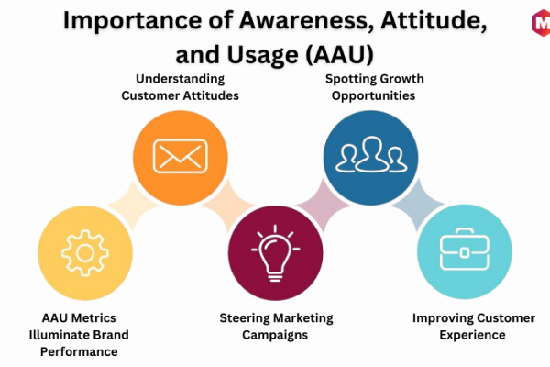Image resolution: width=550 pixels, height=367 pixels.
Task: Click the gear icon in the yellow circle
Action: point(85,253)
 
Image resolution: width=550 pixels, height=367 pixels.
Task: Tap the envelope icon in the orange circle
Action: point(181,157)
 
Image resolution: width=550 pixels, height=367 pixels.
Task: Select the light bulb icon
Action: point(275,253)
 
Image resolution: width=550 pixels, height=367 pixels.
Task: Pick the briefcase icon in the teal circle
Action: point(465,250)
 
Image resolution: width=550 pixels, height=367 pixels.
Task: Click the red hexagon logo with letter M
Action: point(541,23)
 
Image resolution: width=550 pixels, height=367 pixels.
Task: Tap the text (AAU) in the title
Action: point(339,55)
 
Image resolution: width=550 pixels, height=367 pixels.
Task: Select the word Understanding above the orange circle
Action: point(180,79)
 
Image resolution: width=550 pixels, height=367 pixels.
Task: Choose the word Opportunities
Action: point(374,95)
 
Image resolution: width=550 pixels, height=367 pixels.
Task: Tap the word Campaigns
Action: point(275,335)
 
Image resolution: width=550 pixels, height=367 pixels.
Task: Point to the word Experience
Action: point(472,335)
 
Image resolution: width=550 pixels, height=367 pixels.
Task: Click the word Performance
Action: point(79,352)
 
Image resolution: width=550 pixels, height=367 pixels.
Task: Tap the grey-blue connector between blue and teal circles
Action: point(417,205)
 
